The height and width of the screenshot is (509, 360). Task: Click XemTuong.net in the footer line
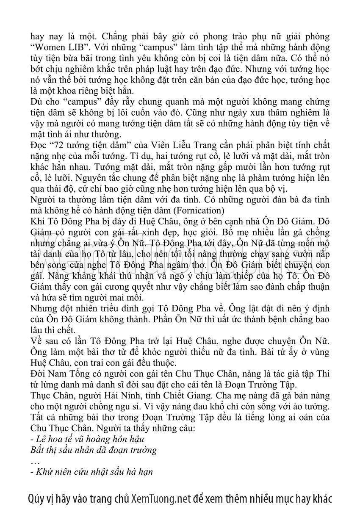(x=161, y=497)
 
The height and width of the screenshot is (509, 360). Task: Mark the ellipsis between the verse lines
(x=35, y=461)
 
